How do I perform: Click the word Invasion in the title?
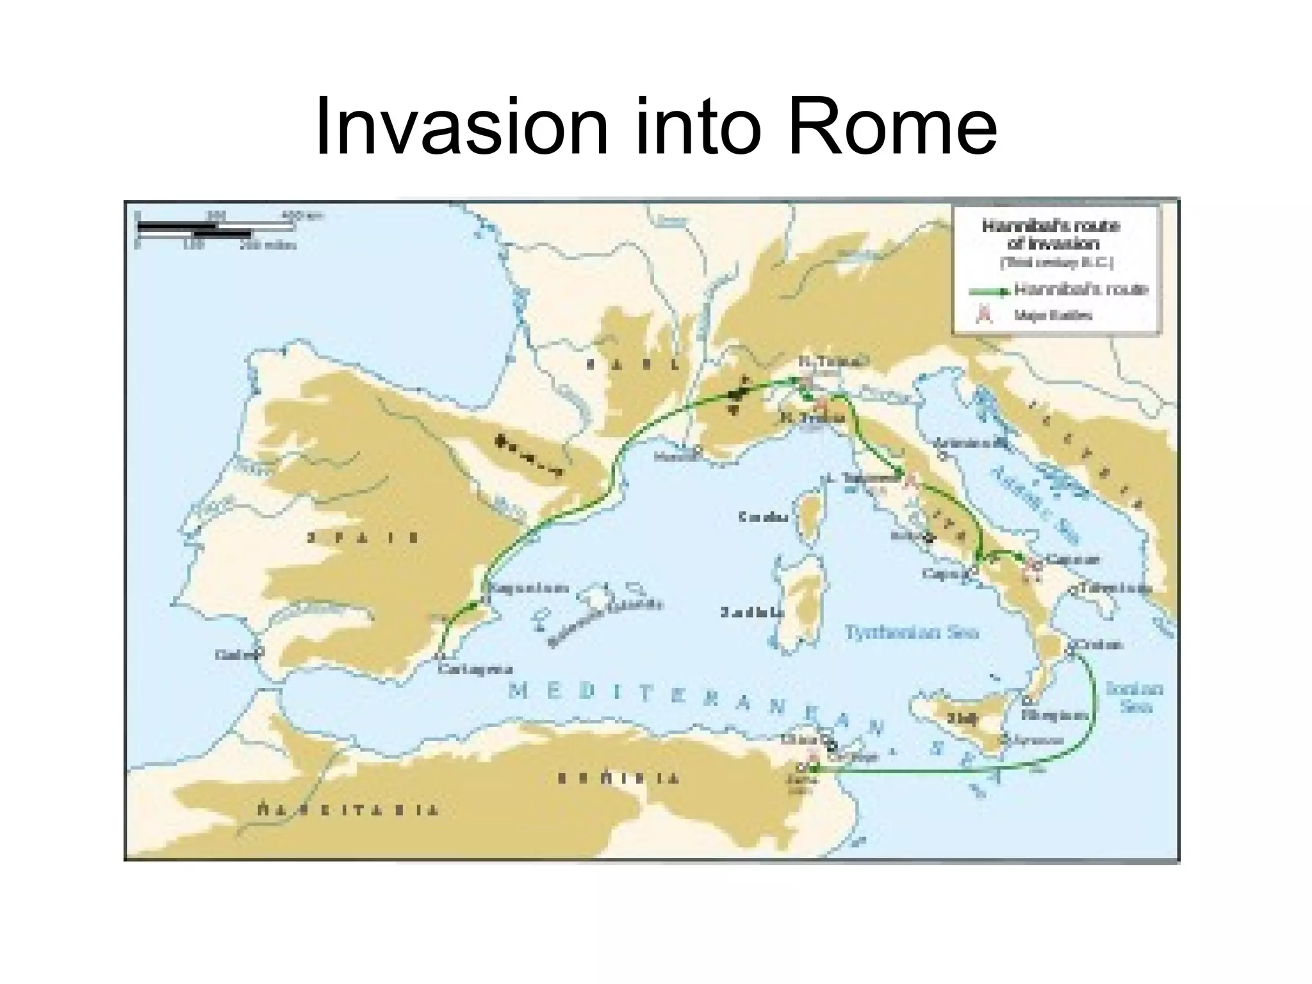pos(461,126)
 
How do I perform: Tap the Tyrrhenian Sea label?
pos(912,632)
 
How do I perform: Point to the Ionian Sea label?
pos(1135,698)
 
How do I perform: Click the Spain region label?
pos(363,538)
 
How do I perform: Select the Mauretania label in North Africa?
pos(348,810)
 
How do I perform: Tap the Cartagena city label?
pos(476,669)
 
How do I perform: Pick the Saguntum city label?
pos(530,588)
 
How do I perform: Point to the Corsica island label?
pos(762,517)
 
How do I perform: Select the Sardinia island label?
pos(751,612)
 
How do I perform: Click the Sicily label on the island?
pos(962,719)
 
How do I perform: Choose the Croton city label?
pos(1099,644)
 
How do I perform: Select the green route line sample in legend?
pos(989,291)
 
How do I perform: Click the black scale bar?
pos(192,229)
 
